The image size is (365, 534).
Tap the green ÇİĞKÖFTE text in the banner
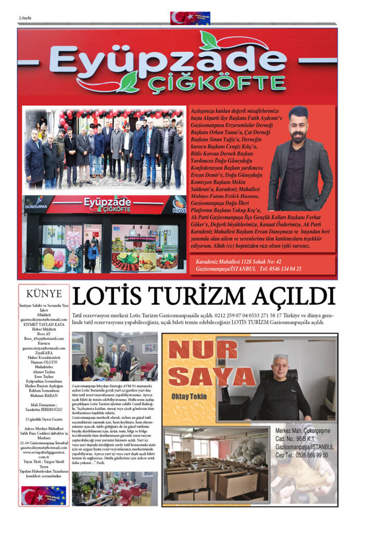tap(216, 83)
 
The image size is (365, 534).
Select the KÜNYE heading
tap(44, 294)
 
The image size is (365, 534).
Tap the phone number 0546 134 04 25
tap(281, 269)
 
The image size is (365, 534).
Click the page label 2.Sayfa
tap(25, 18)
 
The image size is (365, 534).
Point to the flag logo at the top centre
tap(190, 18)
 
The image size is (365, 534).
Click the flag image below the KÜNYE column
tap(44, 495)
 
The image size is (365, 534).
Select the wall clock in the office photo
tap(101, 339)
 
